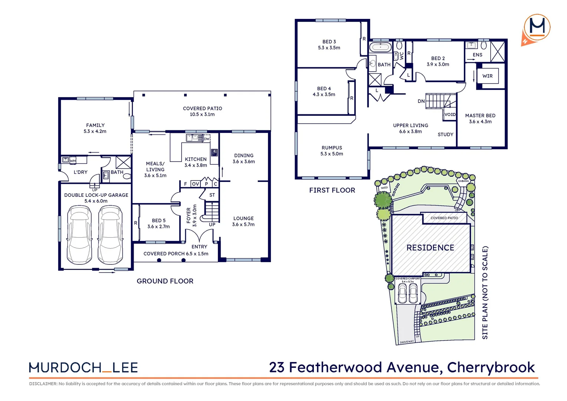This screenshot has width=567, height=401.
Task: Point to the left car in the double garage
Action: coord(79,235)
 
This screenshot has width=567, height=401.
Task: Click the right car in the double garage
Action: coord(110,235)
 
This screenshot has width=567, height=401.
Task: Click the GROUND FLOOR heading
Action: coord(165,281)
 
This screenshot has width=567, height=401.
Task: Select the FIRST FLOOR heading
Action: coord(332,190)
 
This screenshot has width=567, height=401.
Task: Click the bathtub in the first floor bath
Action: coord(380,47)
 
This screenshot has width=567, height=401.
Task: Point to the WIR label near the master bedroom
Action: coord(487,76)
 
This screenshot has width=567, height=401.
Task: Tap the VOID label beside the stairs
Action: coord(450,114)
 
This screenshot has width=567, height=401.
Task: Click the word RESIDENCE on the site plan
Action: coord(430,248)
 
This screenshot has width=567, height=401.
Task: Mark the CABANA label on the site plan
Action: coord(463,181)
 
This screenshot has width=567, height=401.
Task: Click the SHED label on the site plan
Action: coord(384,188)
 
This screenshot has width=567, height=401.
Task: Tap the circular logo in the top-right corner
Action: coord(537,28)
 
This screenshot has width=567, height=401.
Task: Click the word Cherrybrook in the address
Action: coord(491,367)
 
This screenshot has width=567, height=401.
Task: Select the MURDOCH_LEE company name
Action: coord(83,368)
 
